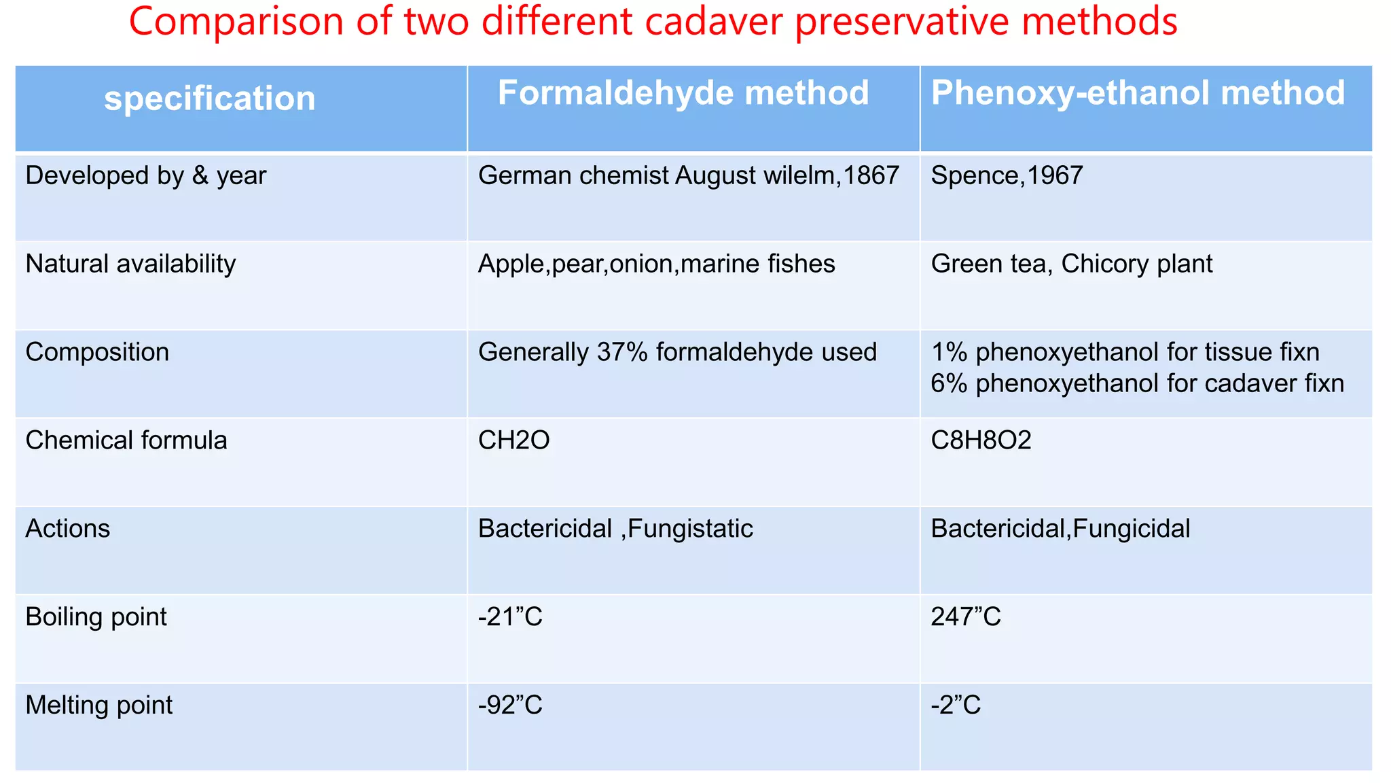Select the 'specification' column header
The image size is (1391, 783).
pos(210,99)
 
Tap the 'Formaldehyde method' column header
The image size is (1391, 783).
pos(683,93)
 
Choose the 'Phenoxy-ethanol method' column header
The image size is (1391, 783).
pos(1138,93)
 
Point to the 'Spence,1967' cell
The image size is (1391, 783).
pos(1007,176)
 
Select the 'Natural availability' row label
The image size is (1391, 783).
pos(130,264)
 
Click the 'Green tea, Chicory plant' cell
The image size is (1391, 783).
pos(1071,264)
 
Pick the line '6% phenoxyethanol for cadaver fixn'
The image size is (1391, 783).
pos(1137,383)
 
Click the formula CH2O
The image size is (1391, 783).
pos(513,440)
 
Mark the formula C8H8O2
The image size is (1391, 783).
pos(981,440)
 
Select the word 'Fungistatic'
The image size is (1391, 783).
pos(690,529)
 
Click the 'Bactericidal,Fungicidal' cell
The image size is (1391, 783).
pos(1060,529)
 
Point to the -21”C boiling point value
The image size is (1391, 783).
pos(510,617)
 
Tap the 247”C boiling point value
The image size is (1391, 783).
pos(965,617)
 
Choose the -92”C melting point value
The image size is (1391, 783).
pos(510,706)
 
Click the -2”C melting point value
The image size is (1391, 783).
pos(956,706)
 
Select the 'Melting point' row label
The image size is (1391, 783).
pos(99,706)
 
